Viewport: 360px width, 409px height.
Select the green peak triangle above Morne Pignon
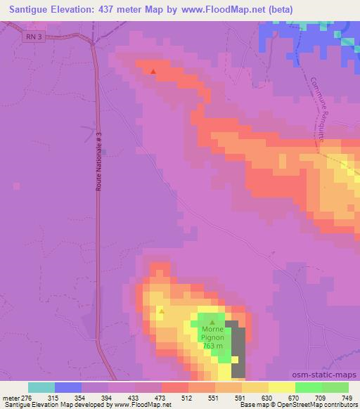click(x=212, y=322)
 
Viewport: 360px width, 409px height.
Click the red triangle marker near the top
click(x=154, y=70)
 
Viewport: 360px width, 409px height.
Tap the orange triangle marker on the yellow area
click(x=161, y=310)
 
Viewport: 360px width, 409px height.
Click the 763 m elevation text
click(x=212, y=346)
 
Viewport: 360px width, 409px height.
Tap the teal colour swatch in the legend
click(x=41, y=387)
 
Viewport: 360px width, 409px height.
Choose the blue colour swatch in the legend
click(x=68, y=387)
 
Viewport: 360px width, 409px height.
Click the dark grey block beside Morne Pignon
click(x=239, y=351)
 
